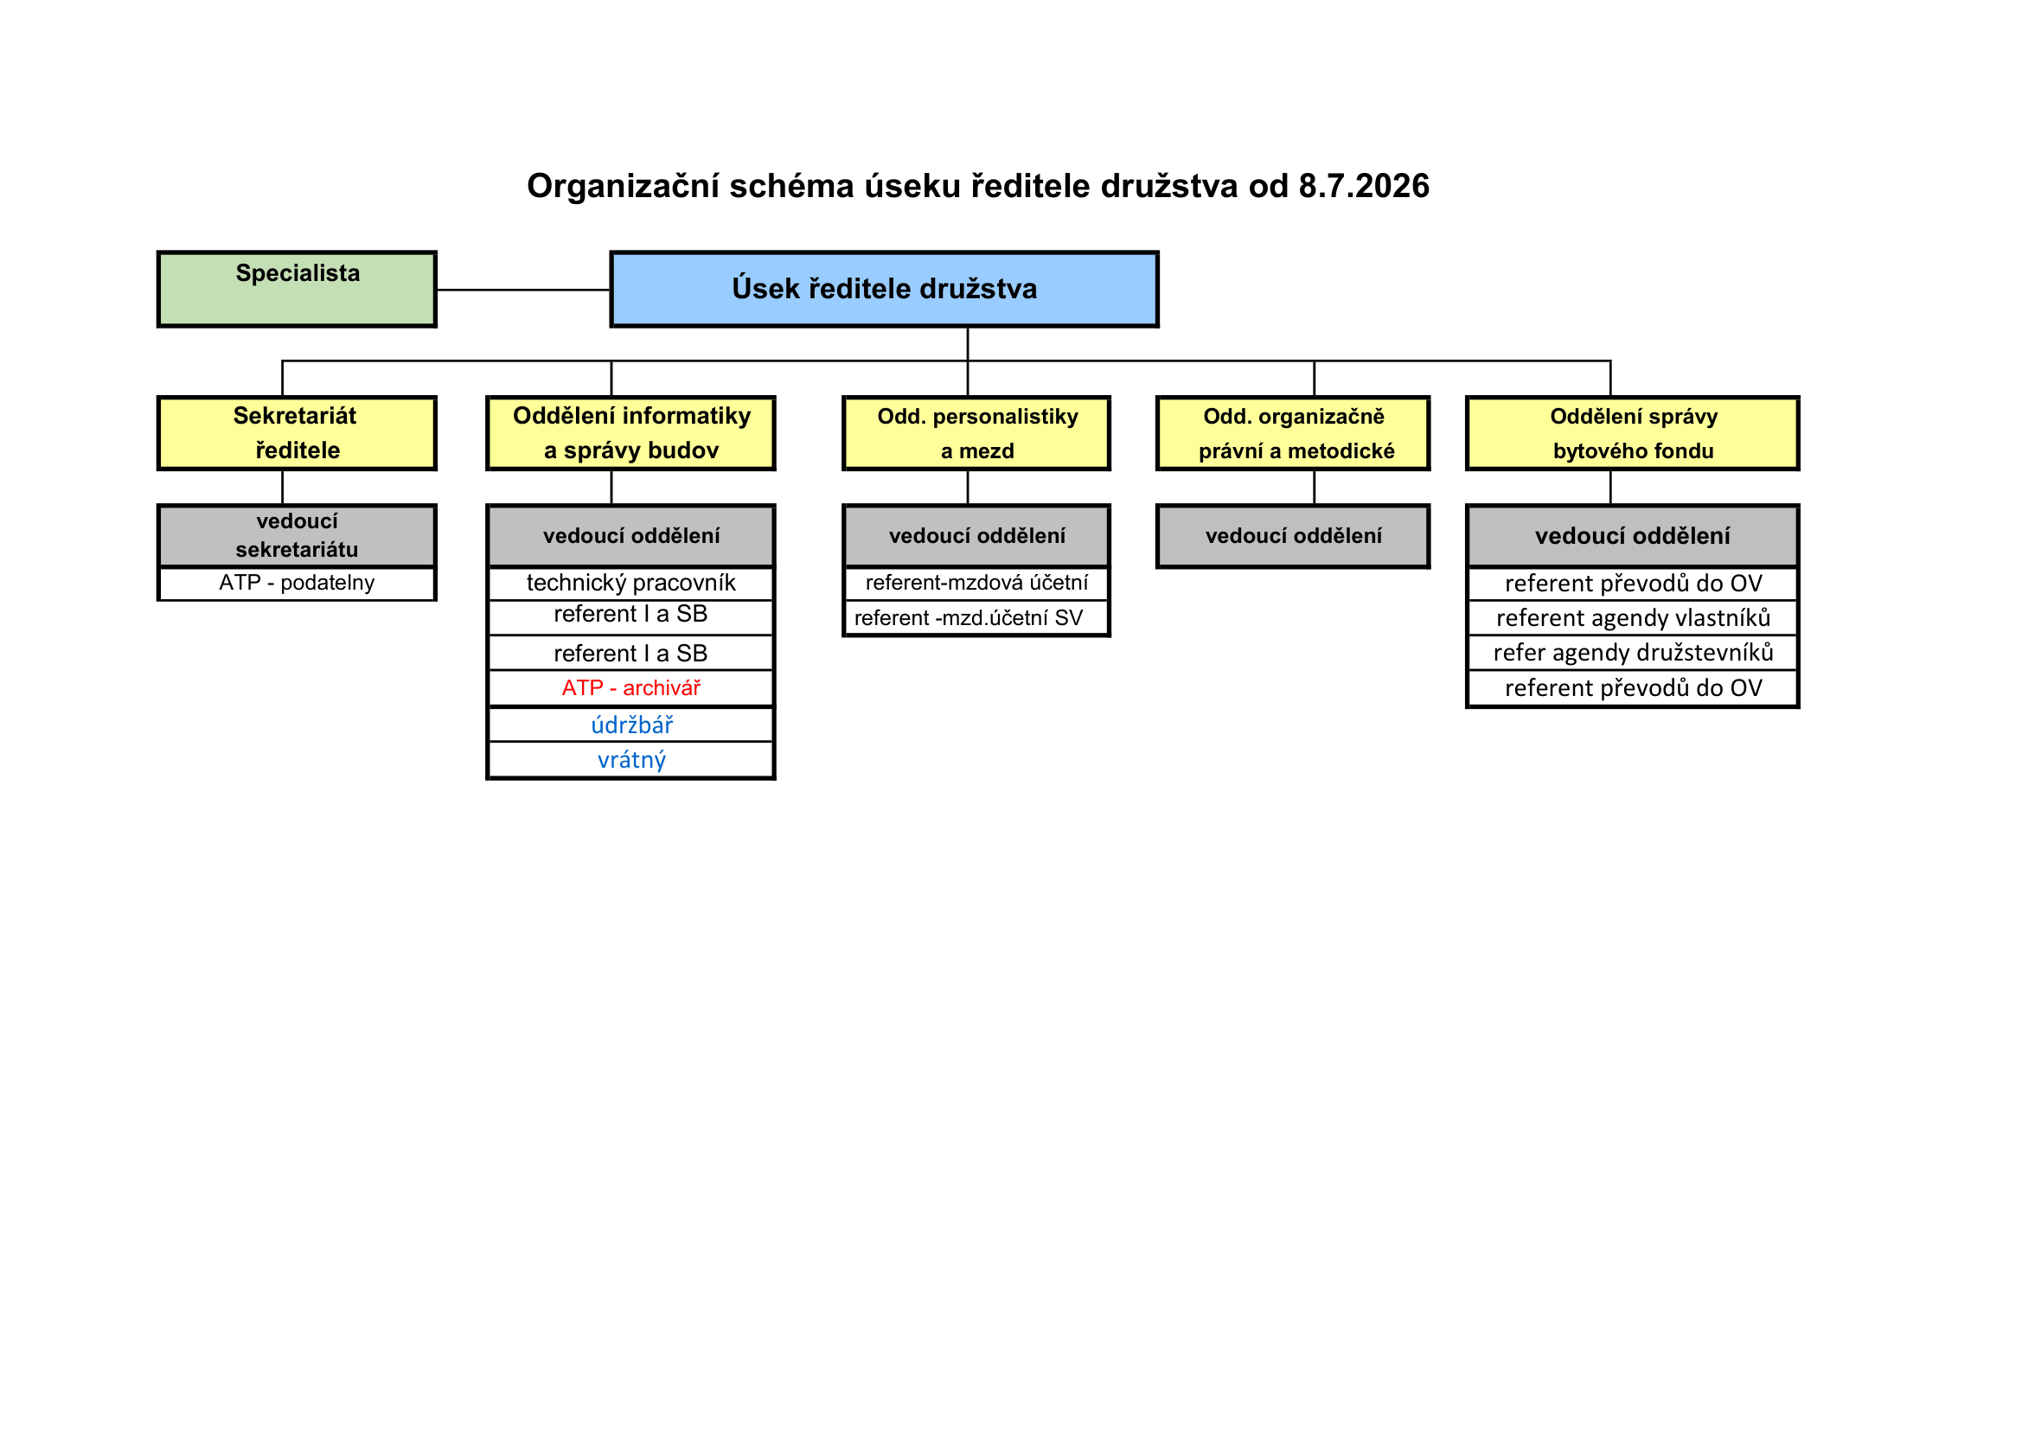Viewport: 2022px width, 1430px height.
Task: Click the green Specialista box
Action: click(297, 290)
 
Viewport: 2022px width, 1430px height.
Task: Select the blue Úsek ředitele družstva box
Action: click(884, 290)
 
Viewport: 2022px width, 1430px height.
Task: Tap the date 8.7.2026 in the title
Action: click(1364, 187)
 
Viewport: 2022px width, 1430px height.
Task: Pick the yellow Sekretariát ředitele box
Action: click(297, 433)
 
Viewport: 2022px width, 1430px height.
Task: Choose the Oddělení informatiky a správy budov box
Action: click(630, 433)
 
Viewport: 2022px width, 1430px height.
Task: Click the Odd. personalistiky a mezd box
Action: click(976, 433)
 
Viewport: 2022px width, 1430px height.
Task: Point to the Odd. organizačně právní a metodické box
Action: click(1293, 433)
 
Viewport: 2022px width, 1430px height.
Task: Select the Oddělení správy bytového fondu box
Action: click(1633, 433)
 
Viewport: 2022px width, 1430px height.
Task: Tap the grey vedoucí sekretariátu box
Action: click(297, 535)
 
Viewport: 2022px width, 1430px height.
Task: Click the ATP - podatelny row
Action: click(297, 584)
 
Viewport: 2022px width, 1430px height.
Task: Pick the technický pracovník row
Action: click(630, 584)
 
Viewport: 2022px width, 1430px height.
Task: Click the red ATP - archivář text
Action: click(630, 687)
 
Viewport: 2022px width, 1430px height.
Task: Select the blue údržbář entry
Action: click(631, 725)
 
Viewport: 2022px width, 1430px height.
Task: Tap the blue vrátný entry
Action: click(631, 760)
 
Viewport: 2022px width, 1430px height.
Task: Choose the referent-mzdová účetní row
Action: click(976, 584)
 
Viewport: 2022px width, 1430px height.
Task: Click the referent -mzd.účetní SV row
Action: click(976, 618)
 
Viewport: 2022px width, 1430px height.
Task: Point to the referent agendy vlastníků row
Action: click(1633, 618)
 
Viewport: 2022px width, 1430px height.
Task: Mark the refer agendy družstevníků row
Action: click(1633, 653)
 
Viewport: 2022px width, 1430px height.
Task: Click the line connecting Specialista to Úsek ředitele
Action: click(524, 290)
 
